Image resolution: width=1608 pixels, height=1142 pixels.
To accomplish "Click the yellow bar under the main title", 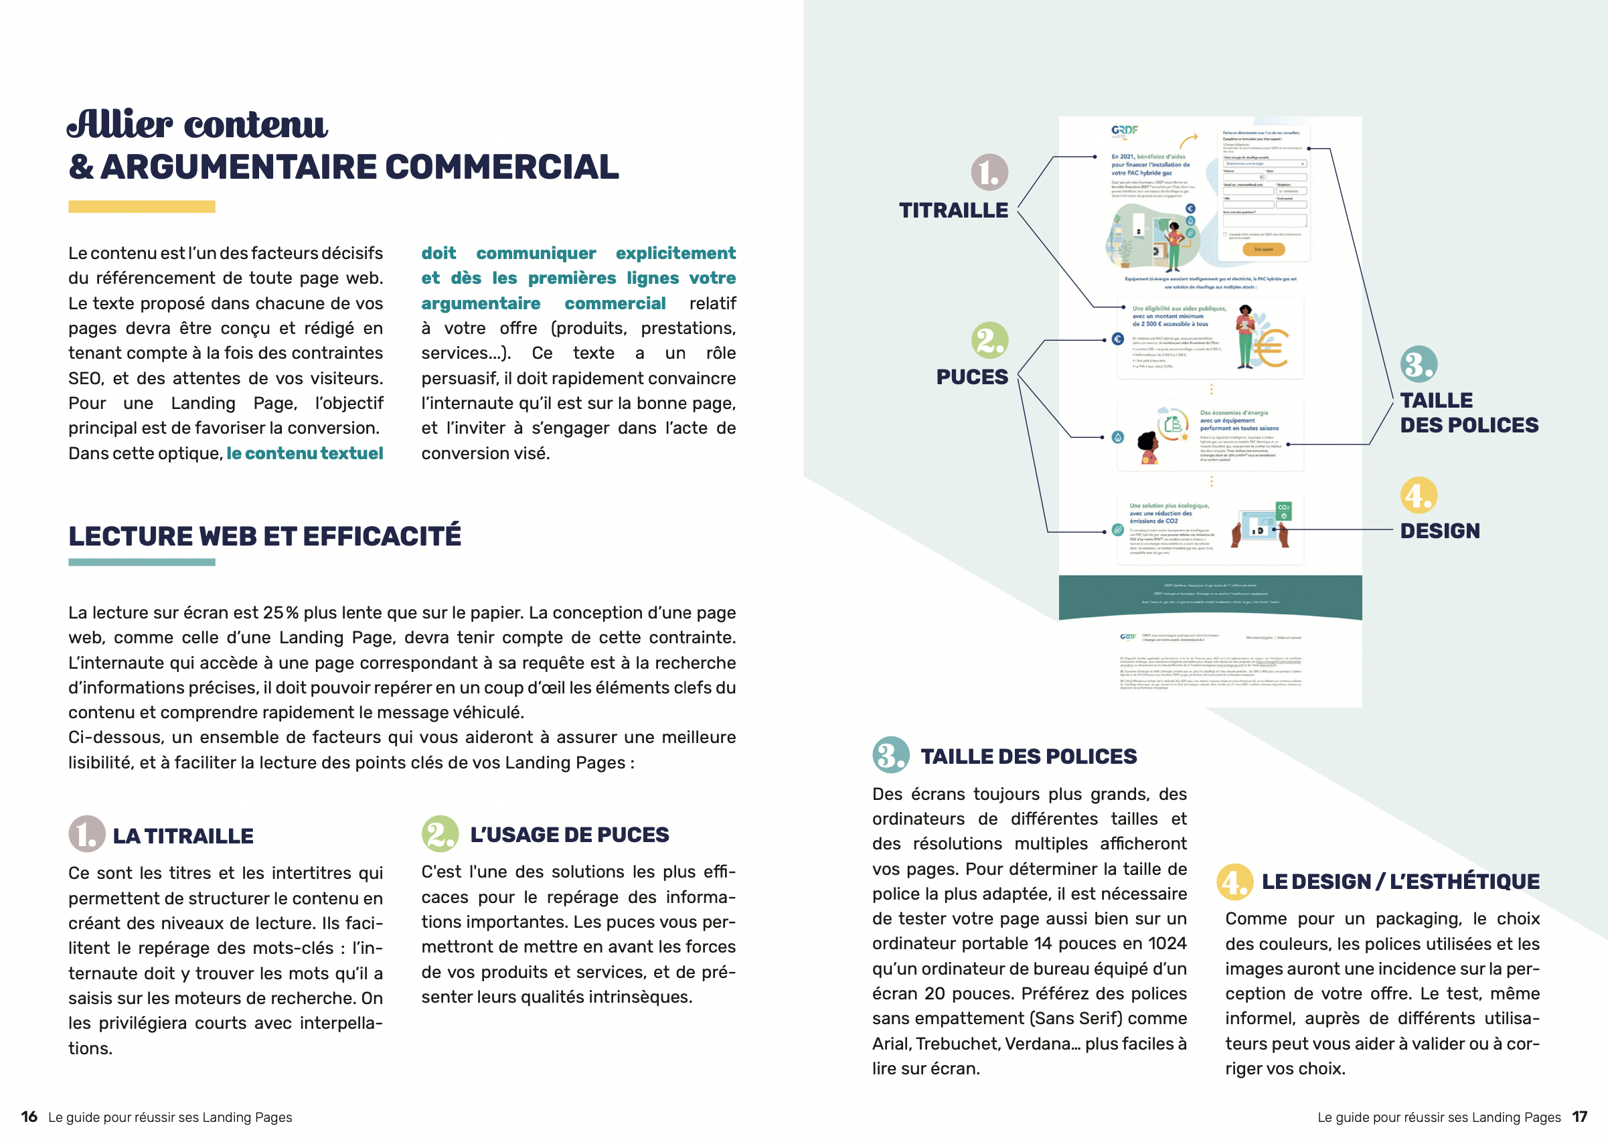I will (141, 207).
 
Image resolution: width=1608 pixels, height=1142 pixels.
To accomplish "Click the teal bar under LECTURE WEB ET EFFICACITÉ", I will (141, 562).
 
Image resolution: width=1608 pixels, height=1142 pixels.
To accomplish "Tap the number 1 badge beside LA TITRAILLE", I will (86, 834).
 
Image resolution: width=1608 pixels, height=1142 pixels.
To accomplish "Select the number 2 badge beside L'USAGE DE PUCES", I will (440, 834).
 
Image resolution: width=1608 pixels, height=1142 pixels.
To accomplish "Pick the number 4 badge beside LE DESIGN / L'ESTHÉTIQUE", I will (1234, 882).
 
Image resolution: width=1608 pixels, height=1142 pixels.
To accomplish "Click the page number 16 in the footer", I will (29, 1117).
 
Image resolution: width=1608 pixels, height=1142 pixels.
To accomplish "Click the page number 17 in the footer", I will (1580, 1117).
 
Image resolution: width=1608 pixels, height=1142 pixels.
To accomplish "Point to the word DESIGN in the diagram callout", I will (1439, 531).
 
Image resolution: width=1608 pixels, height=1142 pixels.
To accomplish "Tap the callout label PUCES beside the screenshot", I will (971, 377).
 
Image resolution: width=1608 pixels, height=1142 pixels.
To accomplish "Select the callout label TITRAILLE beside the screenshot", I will (953, 210).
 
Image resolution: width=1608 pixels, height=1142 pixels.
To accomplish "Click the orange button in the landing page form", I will (1263, 249).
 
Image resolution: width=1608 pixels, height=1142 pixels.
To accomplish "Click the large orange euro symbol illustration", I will (1271, 348).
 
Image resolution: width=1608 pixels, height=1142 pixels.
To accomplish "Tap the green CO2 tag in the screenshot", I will (1283, 511).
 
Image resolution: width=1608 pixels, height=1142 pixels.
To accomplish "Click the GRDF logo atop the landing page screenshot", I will (1124, 130).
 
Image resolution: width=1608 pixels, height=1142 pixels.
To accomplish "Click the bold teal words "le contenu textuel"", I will (305, 453).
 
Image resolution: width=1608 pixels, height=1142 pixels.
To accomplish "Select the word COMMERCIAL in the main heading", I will (501, 167).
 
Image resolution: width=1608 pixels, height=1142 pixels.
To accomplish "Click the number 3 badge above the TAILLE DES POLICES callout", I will (1418, 364).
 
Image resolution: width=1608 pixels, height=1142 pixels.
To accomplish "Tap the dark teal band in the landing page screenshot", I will (1210, 596).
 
